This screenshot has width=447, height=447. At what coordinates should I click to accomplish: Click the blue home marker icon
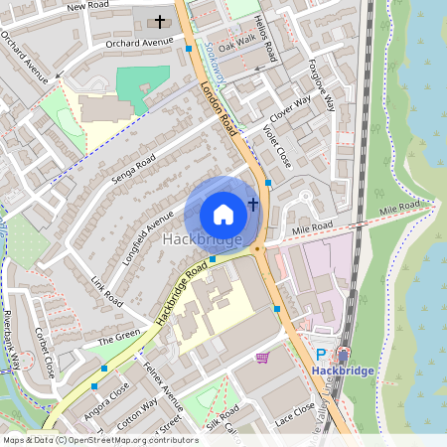click(x=223, y=215)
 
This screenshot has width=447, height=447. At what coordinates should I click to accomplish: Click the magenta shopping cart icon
click(x=262, y=357)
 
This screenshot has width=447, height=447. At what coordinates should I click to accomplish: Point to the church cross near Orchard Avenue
click(x=160, y=21)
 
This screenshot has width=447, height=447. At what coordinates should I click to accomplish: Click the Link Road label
click(x=104, y=292)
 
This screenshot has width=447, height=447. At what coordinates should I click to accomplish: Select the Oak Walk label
click(x=237, y=45)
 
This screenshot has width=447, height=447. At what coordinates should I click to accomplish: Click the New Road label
click(x=88, y=7)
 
